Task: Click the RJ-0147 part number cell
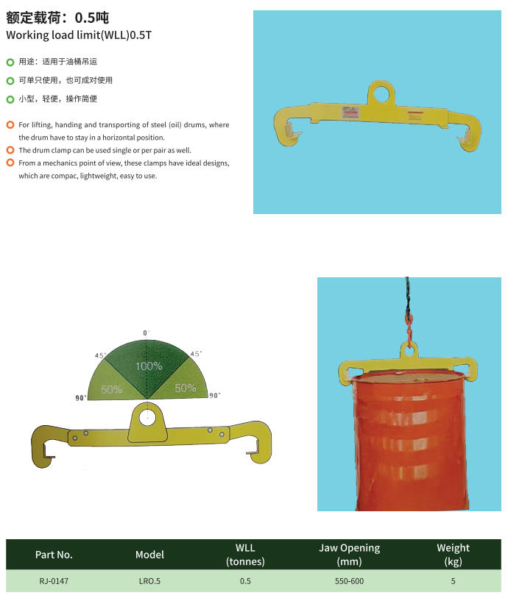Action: [x=54, y=581]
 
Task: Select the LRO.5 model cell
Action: [x=149, y=581]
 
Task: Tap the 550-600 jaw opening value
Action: [x=349, y=581]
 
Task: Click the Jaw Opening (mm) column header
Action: [x=349, y=555]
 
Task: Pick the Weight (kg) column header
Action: [x=453, y=555]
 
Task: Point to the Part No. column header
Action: [x=54, y=555]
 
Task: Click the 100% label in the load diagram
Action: [x=149, y=366]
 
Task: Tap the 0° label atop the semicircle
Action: [x=147, y=332]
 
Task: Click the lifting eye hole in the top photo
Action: [x=381, y=93]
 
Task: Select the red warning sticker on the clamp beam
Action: [x=350, y=113]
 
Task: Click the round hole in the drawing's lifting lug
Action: [x=147, y=417]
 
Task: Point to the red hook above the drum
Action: [x=409, y=330]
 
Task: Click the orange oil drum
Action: [x=409, y=441]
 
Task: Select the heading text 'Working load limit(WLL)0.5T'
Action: [x=79, y=35]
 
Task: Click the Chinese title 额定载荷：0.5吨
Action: [x=57, y=18]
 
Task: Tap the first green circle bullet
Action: [x=10, y=62]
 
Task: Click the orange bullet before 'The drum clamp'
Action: [x=10, y=150]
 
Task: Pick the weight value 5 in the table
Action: [x=453, y=581]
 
